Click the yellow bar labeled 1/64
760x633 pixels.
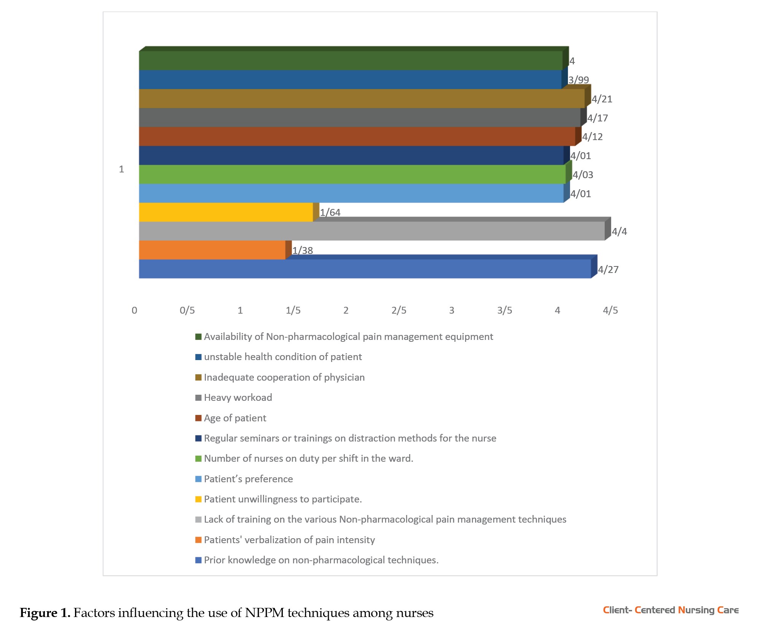226,212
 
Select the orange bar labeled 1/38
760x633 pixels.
212,250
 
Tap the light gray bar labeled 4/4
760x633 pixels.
371,231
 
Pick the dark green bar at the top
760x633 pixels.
351,61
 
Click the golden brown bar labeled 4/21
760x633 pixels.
362,99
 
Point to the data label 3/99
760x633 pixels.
578,80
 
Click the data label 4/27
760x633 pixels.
608,269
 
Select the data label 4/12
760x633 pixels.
592,137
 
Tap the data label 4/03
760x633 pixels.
583,175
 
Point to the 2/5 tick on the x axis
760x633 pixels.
399,311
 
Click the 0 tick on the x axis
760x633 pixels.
134,311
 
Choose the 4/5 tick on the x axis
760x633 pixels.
610,311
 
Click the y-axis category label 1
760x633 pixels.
121,169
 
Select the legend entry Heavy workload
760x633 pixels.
238,398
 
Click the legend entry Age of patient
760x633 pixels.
235,418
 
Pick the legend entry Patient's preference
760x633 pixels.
248,479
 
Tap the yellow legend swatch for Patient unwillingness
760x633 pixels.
198,499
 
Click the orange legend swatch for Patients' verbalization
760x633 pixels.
198,540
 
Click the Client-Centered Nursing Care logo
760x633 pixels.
671,610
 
